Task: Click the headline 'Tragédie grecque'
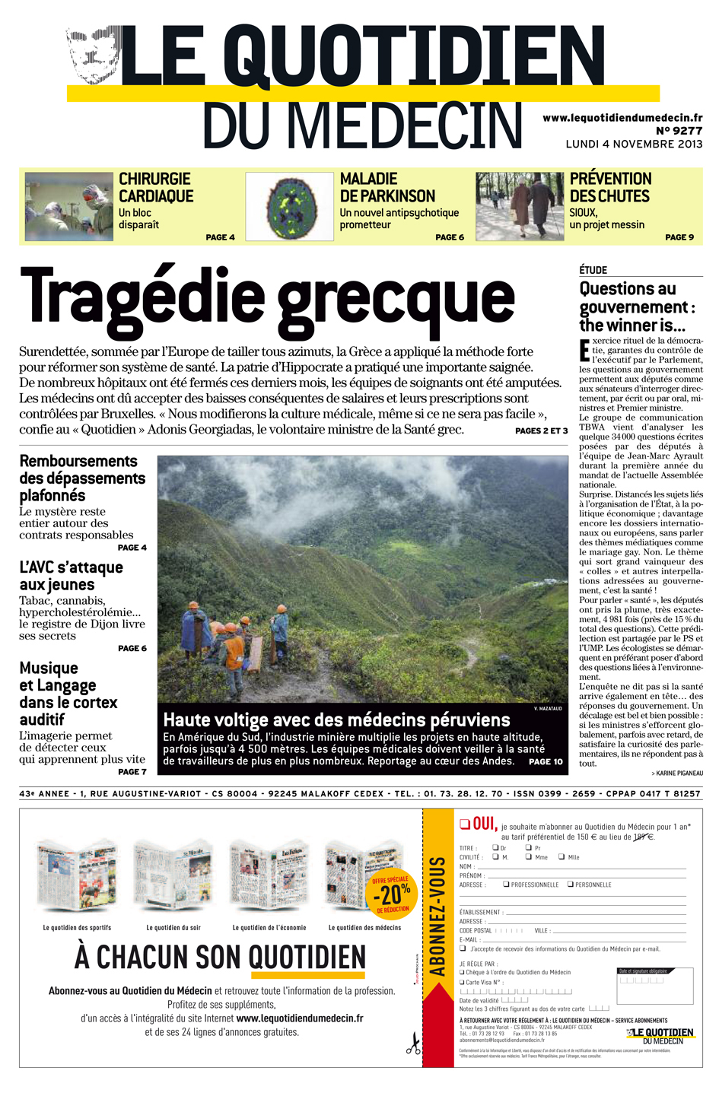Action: coord(268,298)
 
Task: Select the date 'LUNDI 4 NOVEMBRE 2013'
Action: coord(634,144)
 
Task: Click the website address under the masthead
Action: coord(622,118)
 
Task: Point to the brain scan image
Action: coord(289,207)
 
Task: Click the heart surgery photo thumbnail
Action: coord(68,207)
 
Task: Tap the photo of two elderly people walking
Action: coord(520,207)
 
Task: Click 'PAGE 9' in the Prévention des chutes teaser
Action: coord(679,237)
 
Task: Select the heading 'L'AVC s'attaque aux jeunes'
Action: coord(71,576)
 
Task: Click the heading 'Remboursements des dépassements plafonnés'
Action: coord(82,478)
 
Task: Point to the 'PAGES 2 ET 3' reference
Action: coord(541,431)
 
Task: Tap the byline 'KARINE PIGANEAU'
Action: coord(679,774)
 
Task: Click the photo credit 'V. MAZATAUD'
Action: coord(548,709)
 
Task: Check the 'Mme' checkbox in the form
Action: coord(529,857)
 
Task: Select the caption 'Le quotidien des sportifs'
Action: coord(77,928)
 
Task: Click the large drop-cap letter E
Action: coord(584,351)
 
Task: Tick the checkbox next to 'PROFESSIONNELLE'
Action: coord(506,885)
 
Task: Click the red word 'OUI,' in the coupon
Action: coord(485,824)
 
